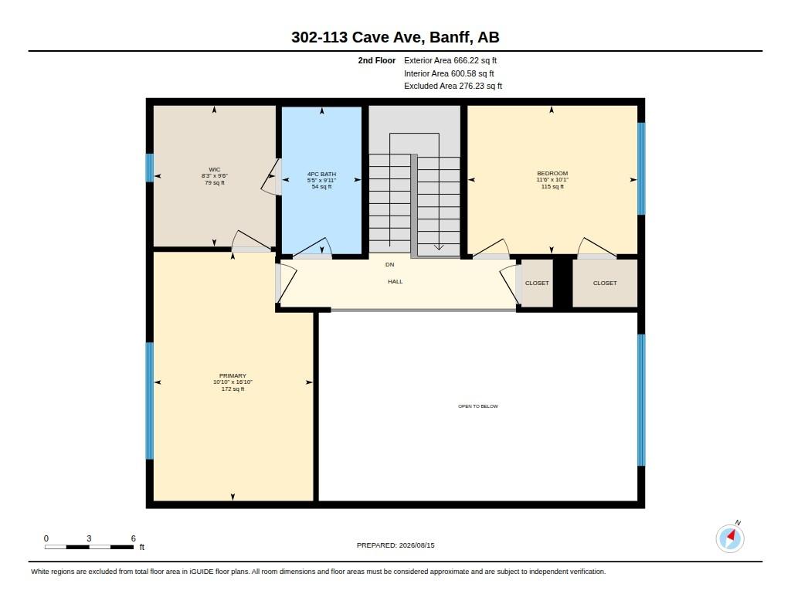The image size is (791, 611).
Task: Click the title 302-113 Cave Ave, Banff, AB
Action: click(395, 37)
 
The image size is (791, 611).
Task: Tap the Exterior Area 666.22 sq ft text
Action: click(450, 60)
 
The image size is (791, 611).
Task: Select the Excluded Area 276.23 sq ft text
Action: click(453, 86)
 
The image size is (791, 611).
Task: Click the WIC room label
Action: click(215, 169)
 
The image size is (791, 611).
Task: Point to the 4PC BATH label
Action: click(321, 174)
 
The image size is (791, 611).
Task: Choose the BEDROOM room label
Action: click(552, 173)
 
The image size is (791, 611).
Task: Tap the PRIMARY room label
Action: click(233, 375)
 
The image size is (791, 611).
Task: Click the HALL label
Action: click(395, 281)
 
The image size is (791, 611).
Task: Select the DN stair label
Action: click(389, 264)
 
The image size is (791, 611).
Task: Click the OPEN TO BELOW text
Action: click(477, 406)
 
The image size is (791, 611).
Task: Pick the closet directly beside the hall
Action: click(537, 283)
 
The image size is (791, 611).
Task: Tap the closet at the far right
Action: click(605, 283)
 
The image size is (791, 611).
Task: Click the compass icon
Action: click(730, 538)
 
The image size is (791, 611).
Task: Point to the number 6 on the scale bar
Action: click(133, 538)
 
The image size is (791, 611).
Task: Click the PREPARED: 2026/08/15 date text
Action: click(395, 545)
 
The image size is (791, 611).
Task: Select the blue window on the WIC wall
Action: click(150, 168)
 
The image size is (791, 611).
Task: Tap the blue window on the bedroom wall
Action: click(641, 168)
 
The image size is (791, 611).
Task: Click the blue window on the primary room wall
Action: click(150, 401)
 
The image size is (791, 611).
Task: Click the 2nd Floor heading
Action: click(377, 60)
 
